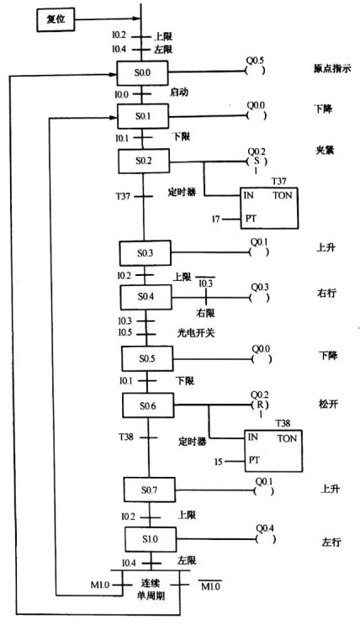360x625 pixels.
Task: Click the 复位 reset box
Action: [56, 20]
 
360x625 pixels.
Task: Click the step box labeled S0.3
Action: [146, 252]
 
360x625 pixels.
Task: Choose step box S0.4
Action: [146, 297]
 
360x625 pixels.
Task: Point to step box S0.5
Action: [147, 358]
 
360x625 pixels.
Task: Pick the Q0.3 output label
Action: [260, 287]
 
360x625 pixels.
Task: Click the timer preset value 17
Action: [215, 220]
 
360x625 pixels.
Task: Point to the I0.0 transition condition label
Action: [121, 94]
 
